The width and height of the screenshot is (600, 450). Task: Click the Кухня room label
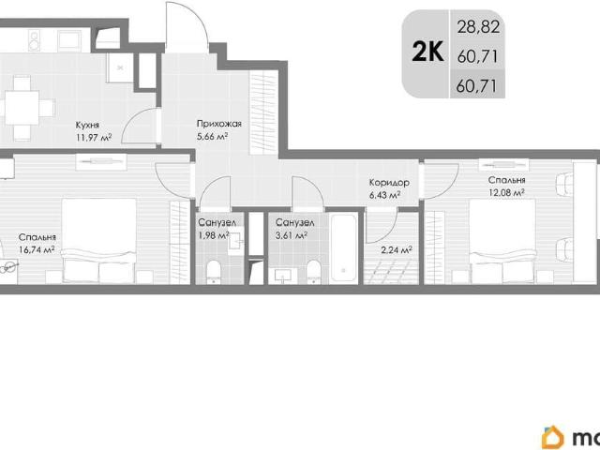pyautogui.click(x=87, y=125)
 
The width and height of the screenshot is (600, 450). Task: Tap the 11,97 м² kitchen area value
pyautogui.click(x=94, y=137)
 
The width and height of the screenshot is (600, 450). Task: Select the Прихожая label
pyautogui.click(x=218, y=124)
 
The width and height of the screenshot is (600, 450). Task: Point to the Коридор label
pyautogui.click(x=389, y=183)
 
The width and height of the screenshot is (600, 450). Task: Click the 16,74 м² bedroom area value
pyautogui.click(x=37, y=250)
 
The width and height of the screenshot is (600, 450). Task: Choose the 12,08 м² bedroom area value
pyautogui.click(x=506, y=192)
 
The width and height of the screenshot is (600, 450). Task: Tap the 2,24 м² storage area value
pyautogui.click(x=397, y=250)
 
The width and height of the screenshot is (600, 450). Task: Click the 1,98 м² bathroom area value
pyautogui.click(x=214, y=235)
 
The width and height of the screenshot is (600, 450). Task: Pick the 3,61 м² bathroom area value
pyautogui.click(x=292, y=235)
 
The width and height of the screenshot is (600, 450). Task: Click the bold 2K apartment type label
pyautogui.click(x=427, y=52)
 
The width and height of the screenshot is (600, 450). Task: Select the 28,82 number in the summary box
pyautogui.click(x=478, y=27)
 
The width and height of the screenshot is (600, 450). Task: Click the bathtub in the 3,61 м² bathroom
pyautogui.click(x=344, y=248)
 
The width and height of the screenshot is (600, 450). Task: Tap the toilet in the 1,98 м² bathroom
pyautogui.click(x=214, y=272)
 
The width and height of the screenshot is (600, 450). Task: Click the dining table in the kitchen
pyautogui.click(x=22, y=108)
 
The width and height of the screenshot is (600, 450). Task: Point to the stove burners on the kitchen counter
pyautogui.click(x=35, y=41)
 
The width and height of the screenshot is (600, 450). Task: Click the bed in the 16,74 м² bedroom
pyautogui.click(x=99, y=241)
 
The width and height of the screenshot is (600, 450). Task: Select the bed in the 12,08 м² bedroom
pyautogui.click(x=502, y=242)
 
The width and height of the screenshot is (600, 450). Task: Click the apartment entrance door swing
pyautogui.click(x=187, y=27)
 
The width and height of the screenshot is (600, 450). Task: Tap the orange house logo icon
pyautogui.click(x=552, y=437)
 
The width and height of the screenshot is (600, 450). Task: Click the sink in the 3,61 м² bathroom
pyautogui.click(x=286, y=275)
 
